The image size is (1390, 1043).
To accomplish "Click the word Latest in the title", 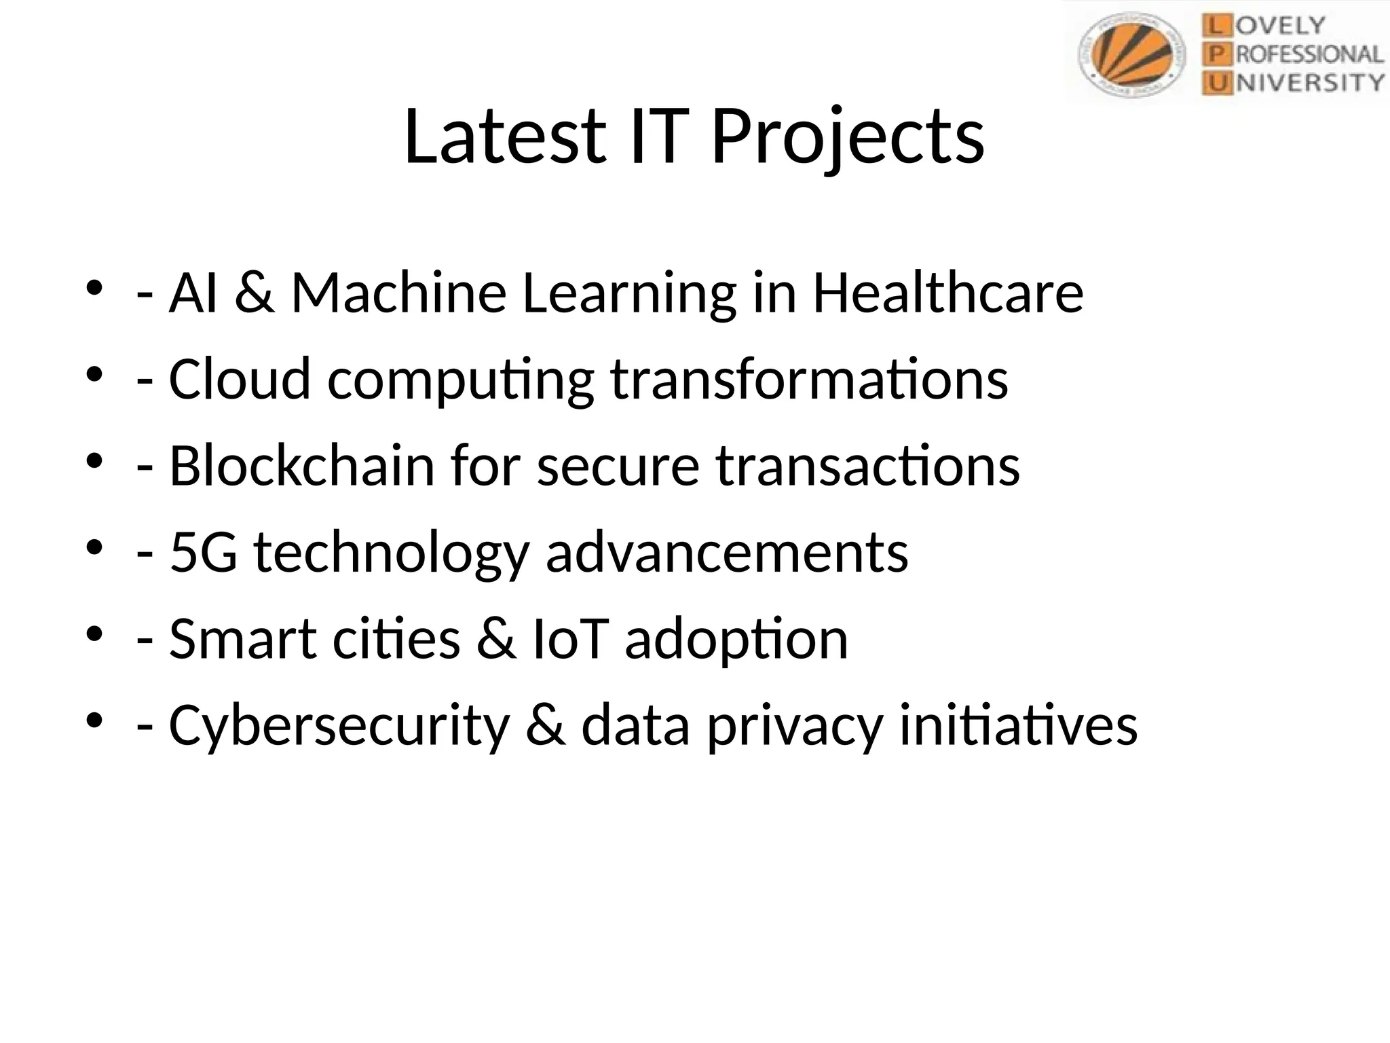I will (504, 137).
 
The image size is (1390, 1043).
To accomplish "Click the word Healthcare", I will (947, 293).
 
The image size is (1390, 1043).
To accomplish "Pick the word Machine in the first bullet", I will (399, 293).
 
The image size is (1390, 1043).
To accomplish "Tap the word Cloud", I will (240, 379).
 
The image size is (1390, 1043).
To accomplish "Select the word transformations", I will (809, 379).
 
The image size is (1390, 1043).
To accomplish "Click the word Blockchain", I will (301, 466).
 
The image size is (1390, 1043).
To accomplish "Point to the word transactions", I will (867, 466).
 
